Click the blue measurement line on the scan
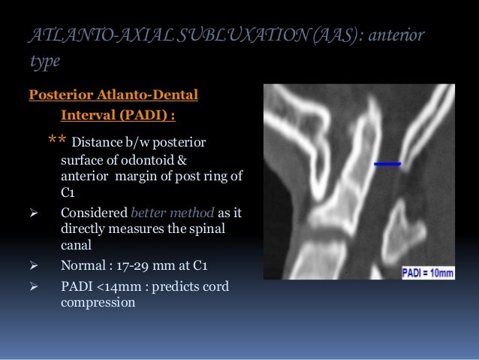coord(387,163)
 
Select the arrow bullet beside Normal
coord(32,265)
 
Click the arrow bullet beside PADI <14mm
coord(32,286)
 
